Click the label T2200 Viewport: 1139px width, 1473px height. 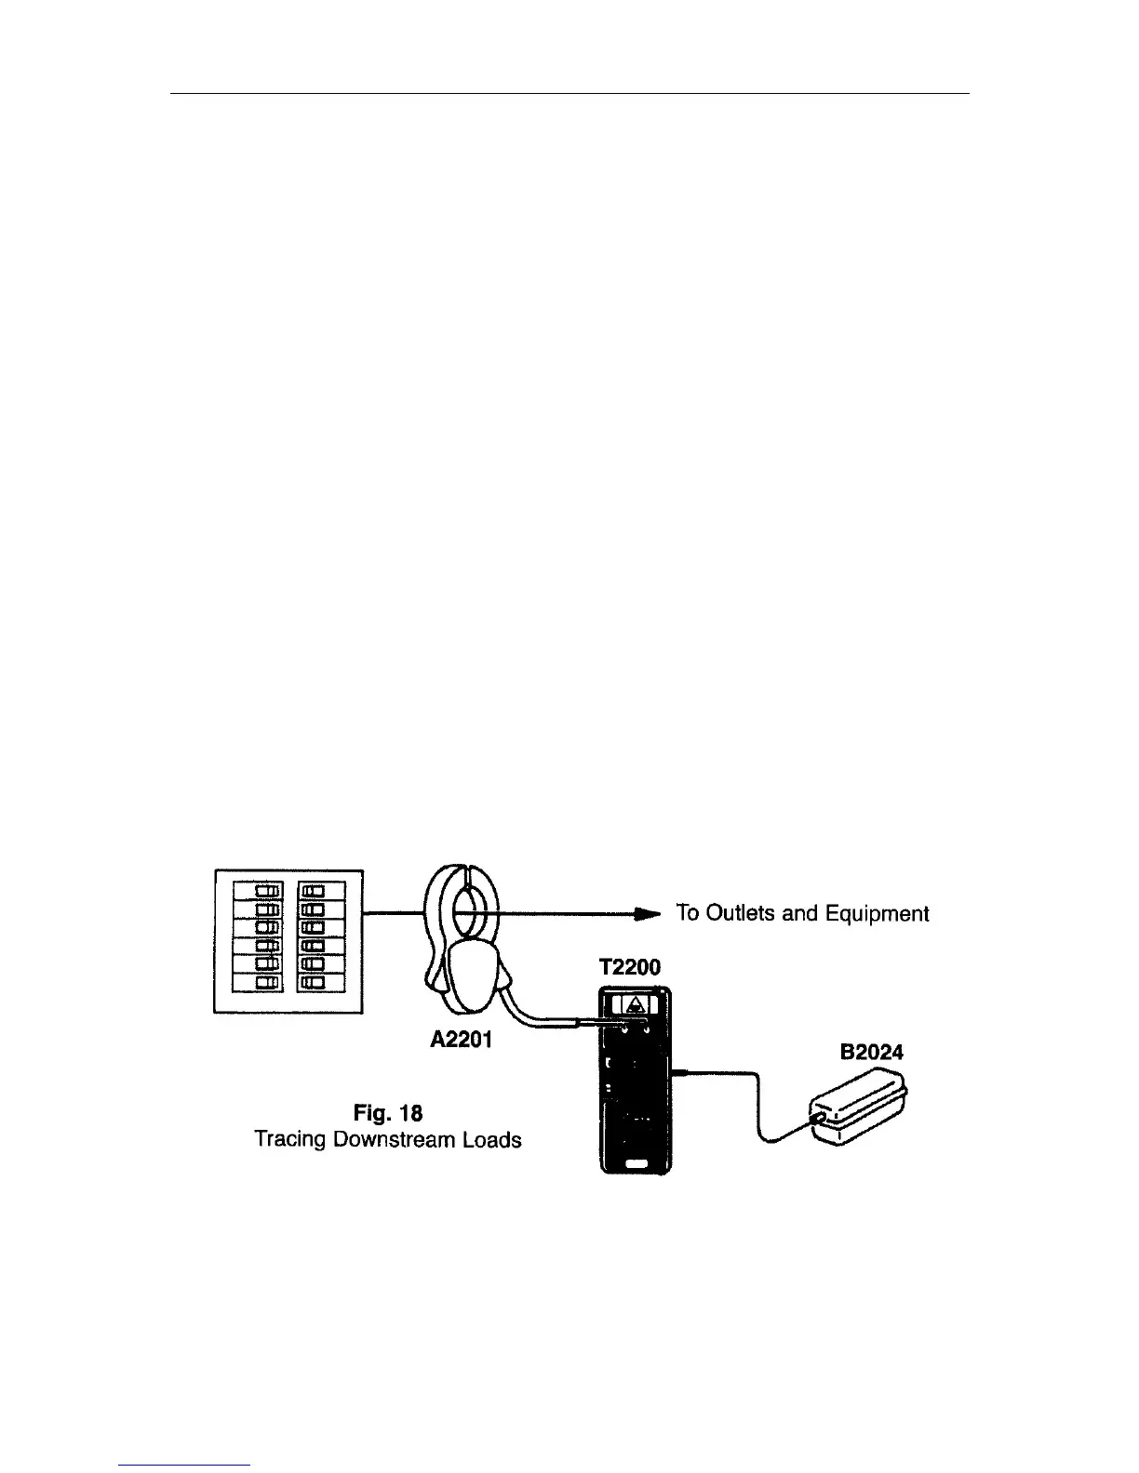click(630, 968)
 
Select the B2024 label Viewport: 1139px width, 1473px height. click(871, 1053)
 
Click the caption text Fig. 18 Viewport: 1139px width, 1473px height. click(389, 1112)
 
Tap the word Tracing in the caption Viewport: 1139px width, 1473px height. click(291, 1139)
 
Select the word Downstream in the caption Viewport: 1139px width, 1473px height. click(395, 1139)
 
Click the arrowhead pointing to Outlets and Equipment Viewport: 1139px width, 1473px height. click(648, 914)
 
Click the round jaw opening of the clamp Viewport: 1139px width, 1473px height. click(469, 907)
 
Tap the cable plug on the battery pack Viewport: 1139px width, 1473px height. click(818, 1120)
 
